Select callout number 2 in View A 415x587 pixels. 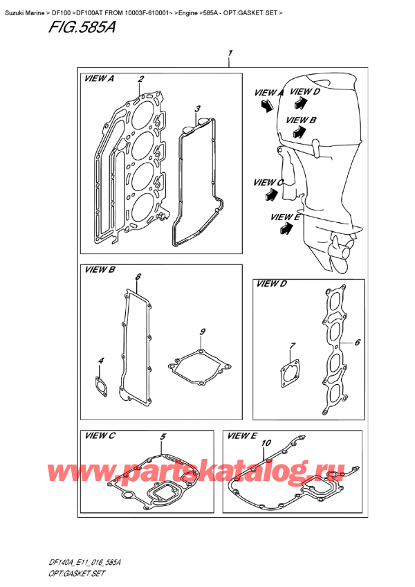(140, 79)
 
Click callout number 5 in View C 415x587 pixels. (163, 437)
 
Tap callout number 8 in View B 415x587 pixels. (138, 278)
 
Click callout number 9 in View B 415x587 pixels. (202, 333)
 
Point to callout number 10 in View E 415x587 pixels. (267, 442)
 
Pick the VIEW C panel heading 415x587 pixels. (99, 435)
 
